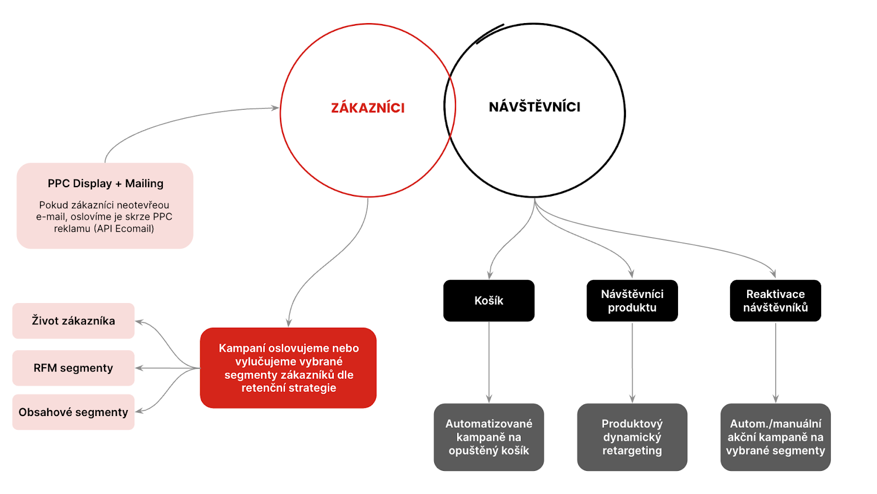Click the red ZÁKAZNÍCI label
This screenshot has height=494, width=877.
(x=368, y=108)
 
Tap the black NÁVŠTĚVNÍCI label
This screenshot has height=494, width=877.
(x=534, y=106)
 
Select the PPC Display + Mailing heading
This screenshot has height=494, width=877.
(x=105, y=183)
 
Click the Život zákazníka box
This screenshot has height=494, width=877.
(x=73, y=321)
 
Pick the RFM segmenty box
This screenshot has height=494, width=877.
(x=73, y=368)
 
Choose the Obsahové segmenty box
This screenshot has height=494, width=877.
(x=73, y=412)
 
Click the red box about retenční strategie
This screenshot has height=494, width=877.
(x=288, y=368)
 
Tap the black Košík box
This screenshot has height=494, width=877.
(x=489, y=301)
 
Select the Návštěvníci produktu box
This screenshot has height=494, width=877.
(x=632, y=301)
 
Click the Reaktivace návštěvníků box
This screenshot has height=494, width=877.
(x=775, y=301)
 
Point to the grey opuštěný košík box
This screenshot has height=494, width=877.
(x=489, y=437)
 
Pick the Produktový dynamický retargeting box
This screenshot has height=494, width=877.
(x=632, y=437)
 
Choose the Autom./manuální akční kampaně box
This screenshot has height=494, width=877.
(x=775, y=437)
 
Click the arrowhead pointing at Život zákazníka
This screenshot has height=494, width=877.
(x=139, y=322)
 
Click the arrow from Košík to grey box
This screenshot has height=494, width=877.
(x=489, y=362)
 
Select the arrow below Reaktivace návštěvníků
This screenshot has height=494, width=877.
(x=775, y=362)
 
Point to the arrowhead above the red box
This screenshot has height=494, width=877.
(x=289, y=323)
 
